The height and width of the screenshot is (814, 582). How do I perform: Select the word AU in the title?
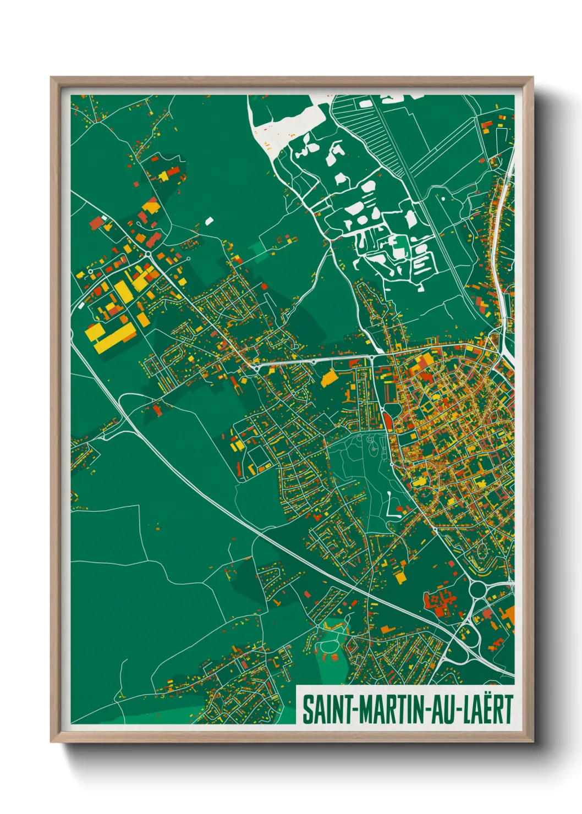point(444,710)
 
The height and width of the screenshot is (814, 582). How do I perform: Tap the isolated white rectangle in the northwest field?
point(209,221)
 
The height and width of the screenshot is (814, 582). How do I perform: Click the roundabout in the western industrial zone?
point(148,254)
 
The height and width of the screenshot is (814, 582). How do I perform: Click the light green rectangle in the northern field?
point(260,250)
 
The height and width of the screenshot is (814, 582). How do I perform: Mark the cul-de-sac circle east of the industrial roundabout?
point(189,258)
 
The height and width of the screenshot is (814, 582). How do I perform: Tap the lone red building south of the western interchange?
point(158,409)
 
